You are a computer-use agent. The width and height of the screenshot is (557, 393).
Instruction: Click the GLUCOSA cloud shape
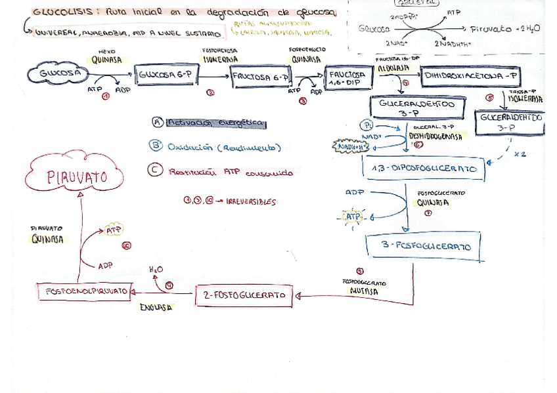[x=60, y=73]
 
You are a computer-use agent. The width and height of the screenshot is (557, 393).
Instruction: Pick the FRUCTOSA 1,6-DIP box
[x=347, y=79]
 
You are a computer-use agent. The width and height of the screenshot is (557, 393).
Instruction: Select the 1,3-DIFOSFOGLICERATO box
[x=423, y=169]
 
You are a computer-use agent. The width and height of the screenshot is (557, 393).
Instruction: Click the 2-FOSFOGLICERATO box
[x=244, y=296]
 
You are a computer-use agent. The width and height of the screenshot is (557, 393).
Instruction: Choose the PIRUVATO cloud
[x=76, y=176]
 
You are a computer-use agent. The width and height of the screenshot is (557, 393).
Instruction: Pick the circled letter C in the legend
[x=155, y=170]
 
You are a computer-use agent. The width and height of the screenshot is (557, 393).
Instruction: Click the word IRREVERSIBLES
[x=251, y=202]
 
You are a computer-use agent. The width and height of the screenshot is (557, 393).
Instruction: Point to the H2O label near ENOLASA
[x=156, y=269]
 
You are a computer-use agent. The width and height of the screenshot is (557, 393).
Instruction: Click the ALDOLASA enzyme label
[x=393, y=68]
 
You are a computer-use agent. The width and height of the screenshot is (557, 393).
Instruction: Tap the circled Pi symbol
[x=365, y=125]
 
